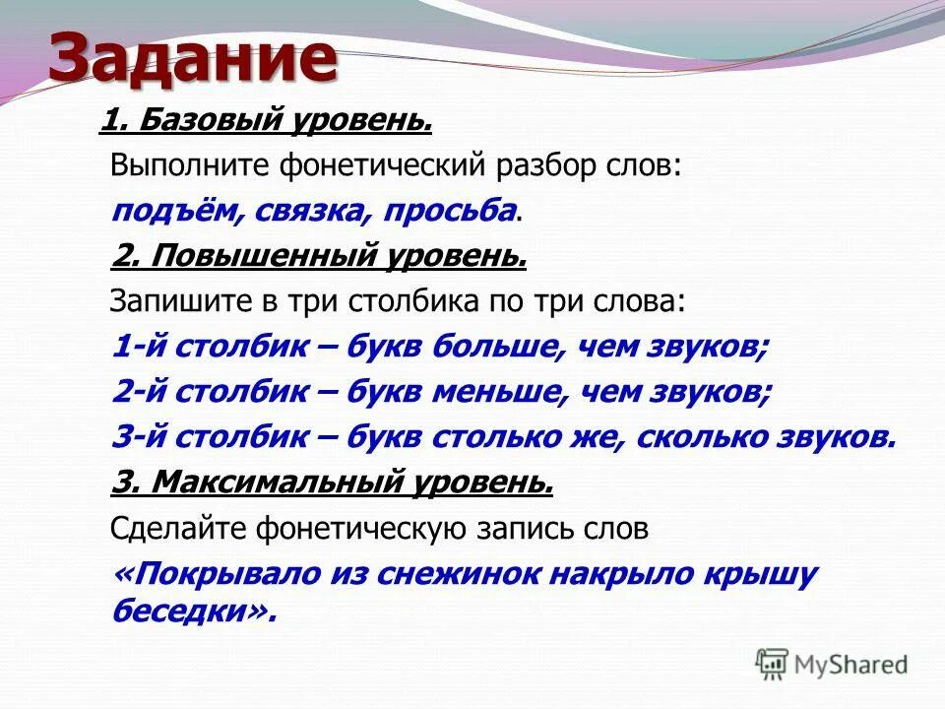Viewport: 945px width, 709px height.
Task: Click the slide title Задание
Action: [192, 58]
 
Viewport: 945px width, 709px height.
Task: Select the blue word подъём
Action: [166, 210]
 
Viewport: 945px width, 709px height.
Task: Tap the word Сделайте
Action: [178, 529]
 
